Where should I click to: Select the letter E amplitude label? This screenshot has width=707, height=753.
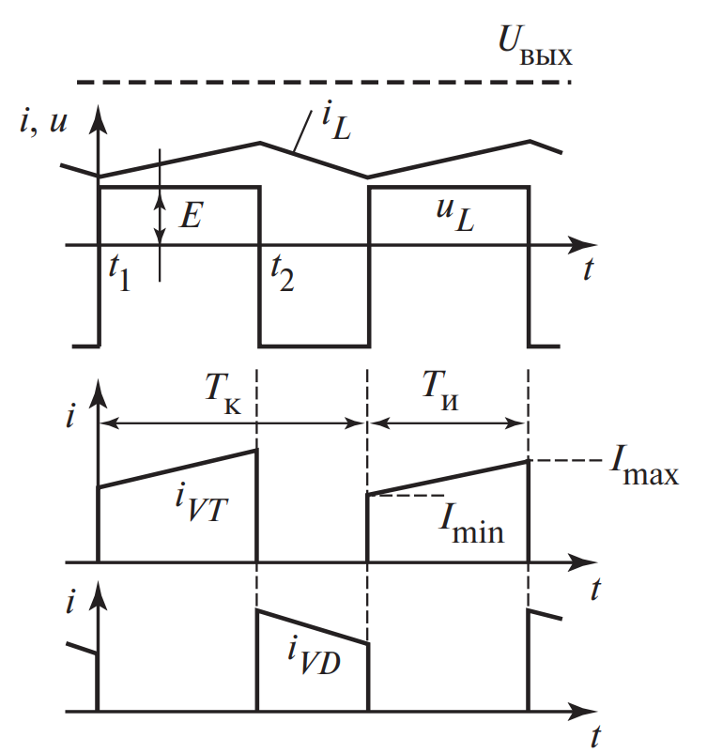point(191,216)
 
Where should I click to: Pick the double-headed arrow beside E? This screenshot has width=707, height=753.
point(161,216)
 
